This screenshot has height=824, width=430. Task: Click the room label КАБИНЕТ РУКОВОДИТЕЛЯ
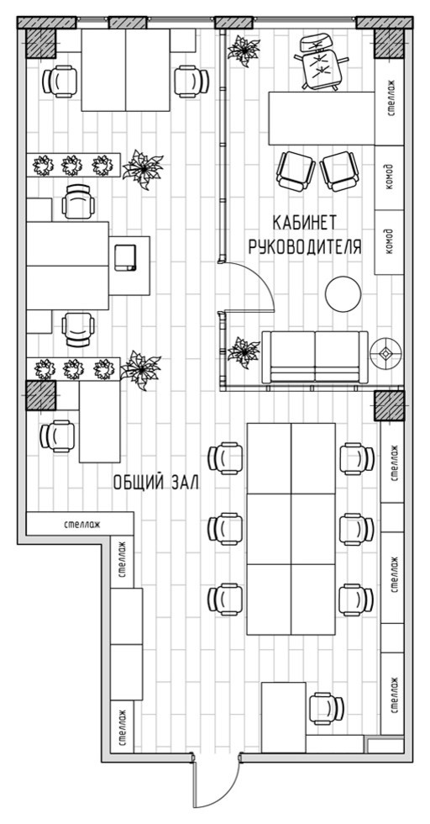click(x=305, y=235)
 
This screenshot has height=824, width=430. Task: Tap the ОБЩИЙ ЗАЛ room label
click(x=156, y=483)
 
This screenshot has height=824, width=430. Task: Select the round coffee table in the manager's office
click(x=343, y=293)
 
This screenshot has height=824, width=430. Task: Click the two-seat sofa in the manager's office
click(x=315, y=357)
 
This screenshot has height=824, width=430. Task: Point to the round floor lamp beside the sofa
click(x=385, y=354)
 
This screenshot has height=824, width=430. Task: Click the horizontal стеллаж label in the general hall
click(x=82, y=524)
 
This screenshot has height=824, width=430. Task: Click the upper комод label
click(x=389, y=178)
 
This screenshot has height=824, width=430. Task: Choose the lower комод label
click(x=389, y=241)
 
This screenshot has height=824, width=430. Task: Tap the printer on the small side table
click(x=126, y=257)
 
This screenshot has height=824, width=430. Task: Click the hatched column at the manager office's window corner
click(x=389, y=44)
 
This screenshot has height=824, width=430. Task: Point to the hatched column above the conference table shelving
click(x=389, y=405)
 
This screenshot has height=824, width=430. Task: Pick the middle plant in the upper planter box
click(x=71, y=166)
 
